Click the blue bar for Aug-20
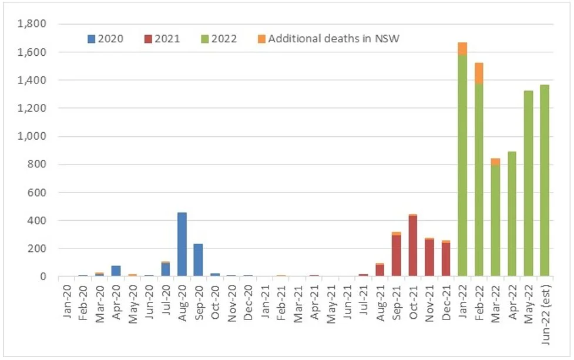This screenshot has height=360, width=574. point(182,244)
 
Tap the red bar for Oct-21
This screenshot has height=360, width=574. point(412,246)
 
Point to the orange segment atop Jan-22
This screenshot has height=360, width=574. point(462,49)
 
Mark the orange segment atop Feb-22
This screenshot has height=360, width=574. point(479,73)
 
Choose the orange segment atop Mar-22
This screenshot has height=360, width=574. point(495,162)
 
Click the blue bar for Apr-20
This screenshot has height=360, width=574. point(115,271)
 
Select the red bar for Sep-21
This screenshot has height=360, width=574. point(396,256)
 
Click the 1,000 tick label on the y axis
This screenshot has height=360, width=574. point(33,136)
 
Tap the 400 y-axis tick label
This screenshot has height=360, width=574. point(38,220)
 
